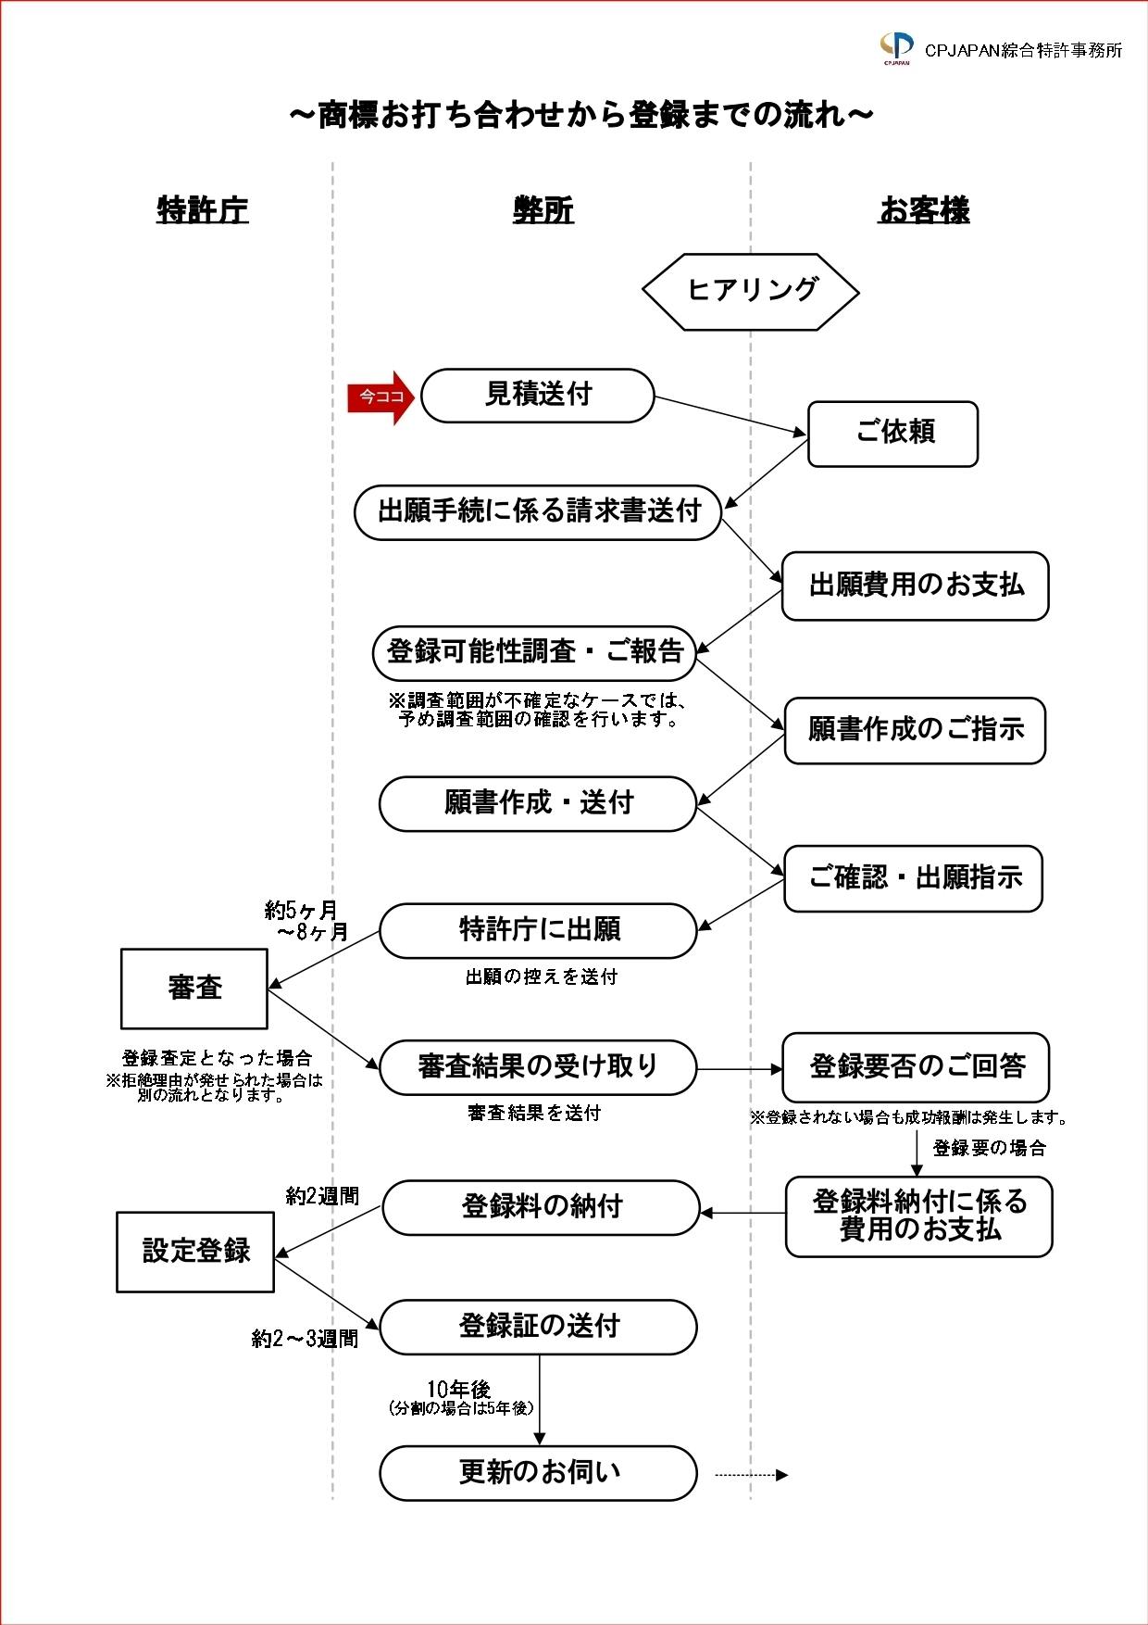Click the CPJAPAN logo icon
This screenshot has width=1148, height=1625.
896,47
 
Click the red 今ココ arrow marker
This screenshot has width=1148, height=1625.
381,397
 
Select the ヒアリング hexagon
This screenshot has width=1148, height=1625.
751,291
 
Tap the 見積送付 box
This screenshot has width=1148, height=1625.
538,396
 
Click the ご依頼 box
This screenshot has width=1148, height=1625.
892,434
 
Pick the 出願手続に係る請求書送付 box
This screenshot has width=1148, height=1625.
538,511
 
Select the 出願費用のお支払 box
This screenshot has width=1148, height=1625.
915,586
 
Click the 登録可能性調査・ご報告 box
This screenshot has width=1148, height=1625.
534,652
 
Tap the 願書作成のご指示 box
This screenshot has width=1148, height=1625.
915,730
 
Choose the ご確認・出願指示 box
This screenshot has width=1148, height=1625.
913,878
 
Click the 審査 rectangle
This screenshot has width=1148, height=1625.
194,989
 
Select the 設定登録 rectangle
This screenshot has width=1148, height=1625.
195,1252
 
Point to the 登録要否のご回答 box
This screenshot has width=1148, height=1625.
917,1067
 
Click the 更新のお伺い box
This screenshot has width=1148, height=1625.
538,1472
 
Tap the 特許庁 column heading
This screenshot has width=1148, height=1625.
203,211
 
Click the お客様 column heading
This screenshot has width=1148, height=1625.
924,211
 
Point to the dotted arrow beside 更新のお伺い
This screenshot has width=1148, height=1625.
751,1475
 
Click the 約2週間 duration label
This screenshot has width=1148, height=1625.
322,1197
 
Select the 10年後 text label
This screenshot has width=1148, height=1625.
458,1389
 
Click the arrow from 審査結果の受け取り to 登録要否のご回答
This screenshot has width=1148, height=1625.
740,1069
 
